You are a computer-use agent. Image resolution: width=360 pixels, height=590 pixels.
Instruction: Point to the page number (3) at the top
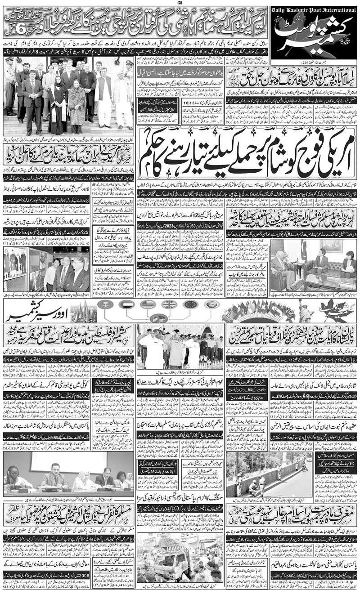coord(180,3)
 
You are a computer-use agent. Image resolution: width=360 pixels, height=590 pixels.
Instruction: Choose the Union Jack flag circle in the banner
coord(169,304)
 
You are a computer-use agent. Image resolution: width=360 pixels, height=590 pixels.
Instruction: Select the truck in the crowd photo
coord(175,562)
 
